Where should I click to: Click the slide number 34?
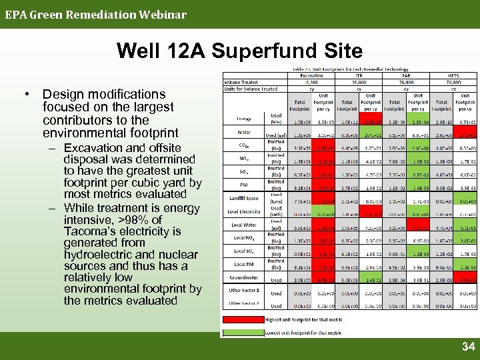468,347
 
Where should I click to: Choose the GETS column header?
453,77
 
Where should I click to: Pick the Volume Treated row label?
241,83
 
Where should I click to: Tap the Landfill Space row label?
242,197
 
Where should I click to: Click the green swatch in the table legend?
243,331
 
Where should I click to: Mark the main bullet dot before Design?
31,95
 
